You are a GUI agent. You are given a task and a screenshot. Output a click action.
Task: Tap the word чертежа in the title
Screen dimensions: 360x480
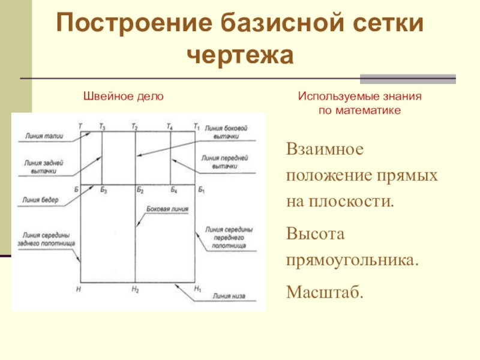240,56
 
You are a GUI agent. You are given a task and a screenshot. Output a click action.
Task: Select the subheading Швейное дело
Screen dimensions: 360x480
122,96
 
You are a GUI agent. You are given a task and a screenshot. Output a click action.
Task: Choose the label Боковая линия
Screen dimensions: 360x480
167,209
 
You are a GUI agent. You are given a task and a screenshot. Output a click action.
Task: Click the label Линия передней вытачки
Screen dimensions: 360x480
226,161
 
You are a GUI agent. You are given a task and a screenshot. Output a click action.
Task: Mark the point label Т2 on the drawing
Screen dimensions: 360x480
134,127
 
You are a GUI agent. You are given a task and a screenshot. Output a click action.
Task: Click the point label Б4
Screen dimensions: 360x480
173,190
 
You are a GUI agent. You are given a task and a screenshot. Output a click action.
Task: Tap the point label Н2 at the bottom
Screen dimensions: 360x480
135,289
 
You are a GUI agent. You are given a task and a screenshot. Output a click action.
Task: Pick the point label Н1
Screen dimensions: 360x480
199,289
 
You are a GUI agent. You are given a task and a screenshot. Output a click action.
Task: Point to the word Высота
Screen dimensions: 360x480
316,234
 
